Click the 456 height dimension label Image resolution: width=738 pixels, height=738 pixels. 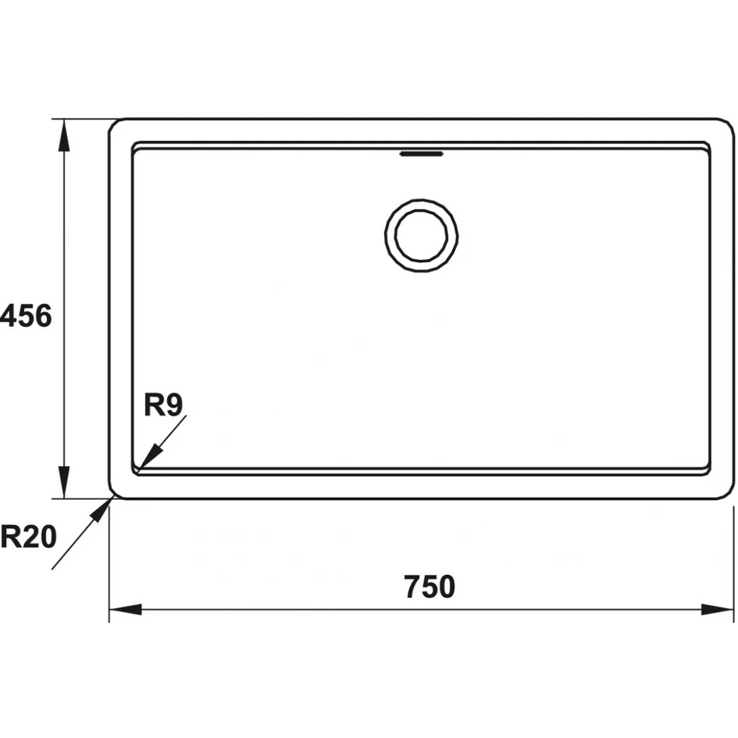tap(26, 316)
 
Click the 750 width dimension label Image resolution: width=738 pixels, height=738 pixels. tap(429, 586)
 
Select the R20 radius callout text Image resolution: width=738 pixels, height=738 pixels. tap(28, 538)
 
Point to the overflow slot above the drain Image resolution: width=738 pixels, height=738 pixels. tap(421, 154)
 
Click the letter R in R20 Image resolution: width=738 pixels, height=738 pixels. tap(10, 538)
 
